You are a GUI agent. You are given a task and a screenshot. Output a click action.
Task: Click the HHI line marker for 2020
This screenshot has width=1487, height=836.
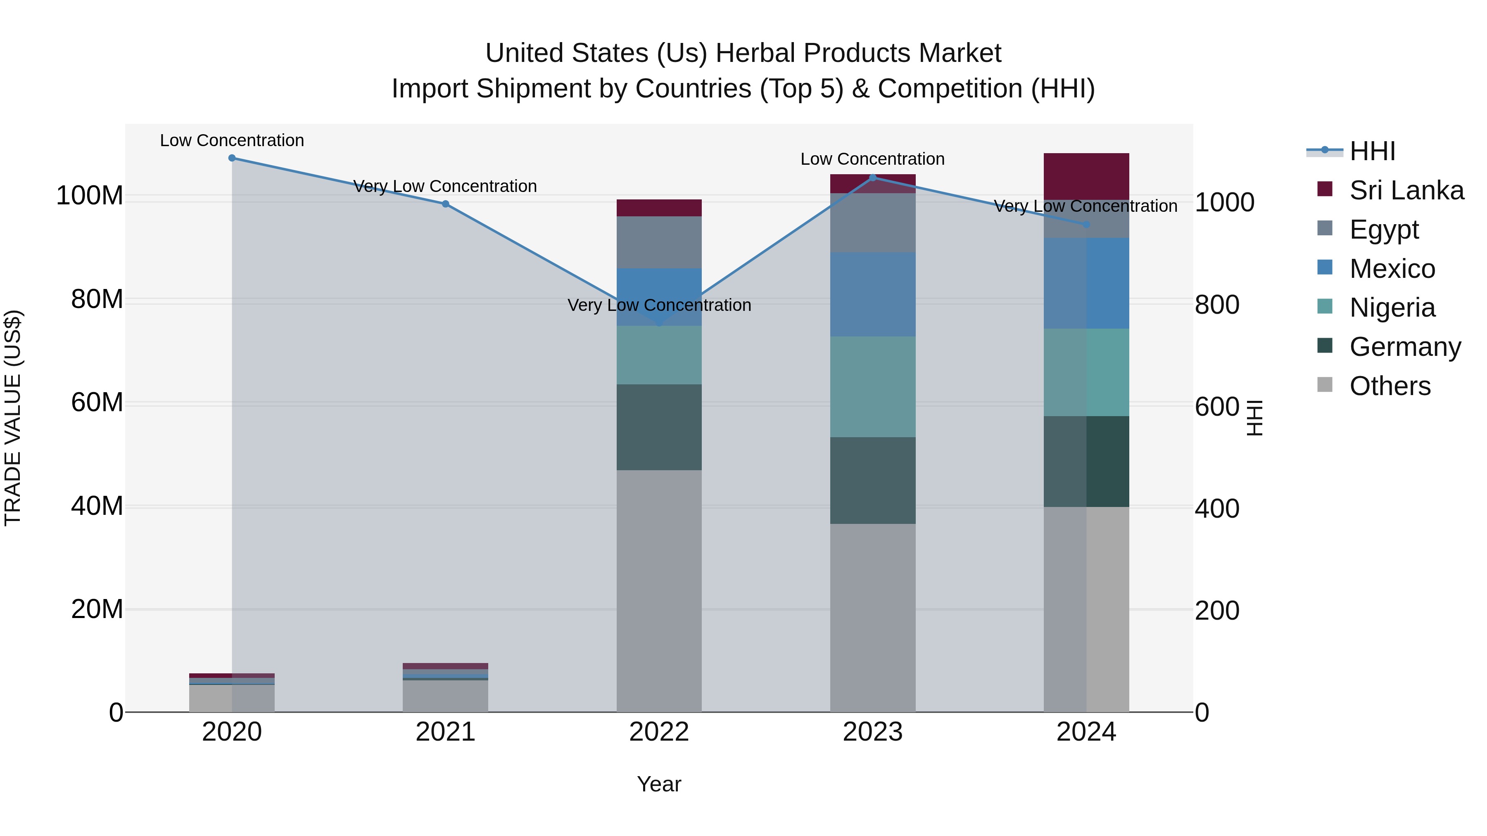tap(232, 158)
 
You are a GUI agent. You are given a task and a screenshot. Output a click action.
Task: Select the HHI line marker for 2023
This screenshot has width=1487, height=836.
tap(872, 178)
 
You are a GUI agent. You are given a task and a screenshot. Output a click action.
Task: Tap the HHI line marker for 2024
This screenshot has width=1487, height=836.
tap(1086, 225)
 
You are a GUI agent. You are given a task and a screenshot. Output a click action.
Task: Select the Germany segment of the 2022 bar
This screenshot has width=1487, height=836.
tap(659, 427)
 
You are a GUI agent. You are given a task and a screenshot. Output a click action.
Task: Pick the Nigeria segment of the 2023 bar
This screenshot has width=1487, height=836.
tap(872, 386)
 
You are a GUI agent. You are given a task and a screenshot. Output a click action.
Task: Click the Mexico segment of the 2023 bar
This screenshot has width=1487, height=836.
tap(872, 294)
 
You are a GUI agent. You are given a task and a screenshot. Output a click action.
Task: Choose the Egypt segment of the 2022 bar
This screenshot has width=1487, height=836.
tap(659, 242)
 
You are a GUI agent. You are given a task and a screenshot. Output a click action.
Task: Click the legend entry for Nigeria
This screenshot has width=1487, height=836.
tap(1392, 308)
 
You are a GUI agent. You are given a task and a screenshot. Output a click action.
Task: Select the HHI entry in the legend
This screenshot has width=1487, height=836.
tap(1371, 151)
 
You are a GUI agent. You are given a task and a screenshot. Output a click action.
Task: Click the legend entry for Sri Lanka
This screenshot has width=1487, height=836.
tap(1406, 190)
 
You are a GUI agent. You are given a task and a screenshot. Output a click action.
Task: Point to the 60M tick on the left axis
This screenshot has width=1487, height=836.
tap(97, 402)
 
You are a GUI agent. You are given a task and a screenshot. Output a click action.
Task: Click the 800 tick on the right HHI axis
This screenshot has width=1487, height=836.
tap(1217, 305)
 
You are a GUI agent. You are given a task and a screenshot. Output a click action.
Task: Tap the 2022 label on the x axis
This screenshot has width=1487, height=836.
tap(659, 732)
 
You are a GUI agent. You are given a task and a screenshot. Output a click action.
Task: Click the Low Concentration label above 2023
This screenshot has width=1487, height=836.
tap(872, 159)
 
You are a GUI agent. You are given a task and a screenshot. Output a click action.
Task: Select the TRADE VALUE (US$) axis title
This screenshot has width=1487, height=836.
tap(13, 418)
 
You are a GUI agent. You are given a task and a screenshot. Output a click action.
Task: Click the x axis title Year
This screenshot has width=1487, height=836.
tap(659, 784)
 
